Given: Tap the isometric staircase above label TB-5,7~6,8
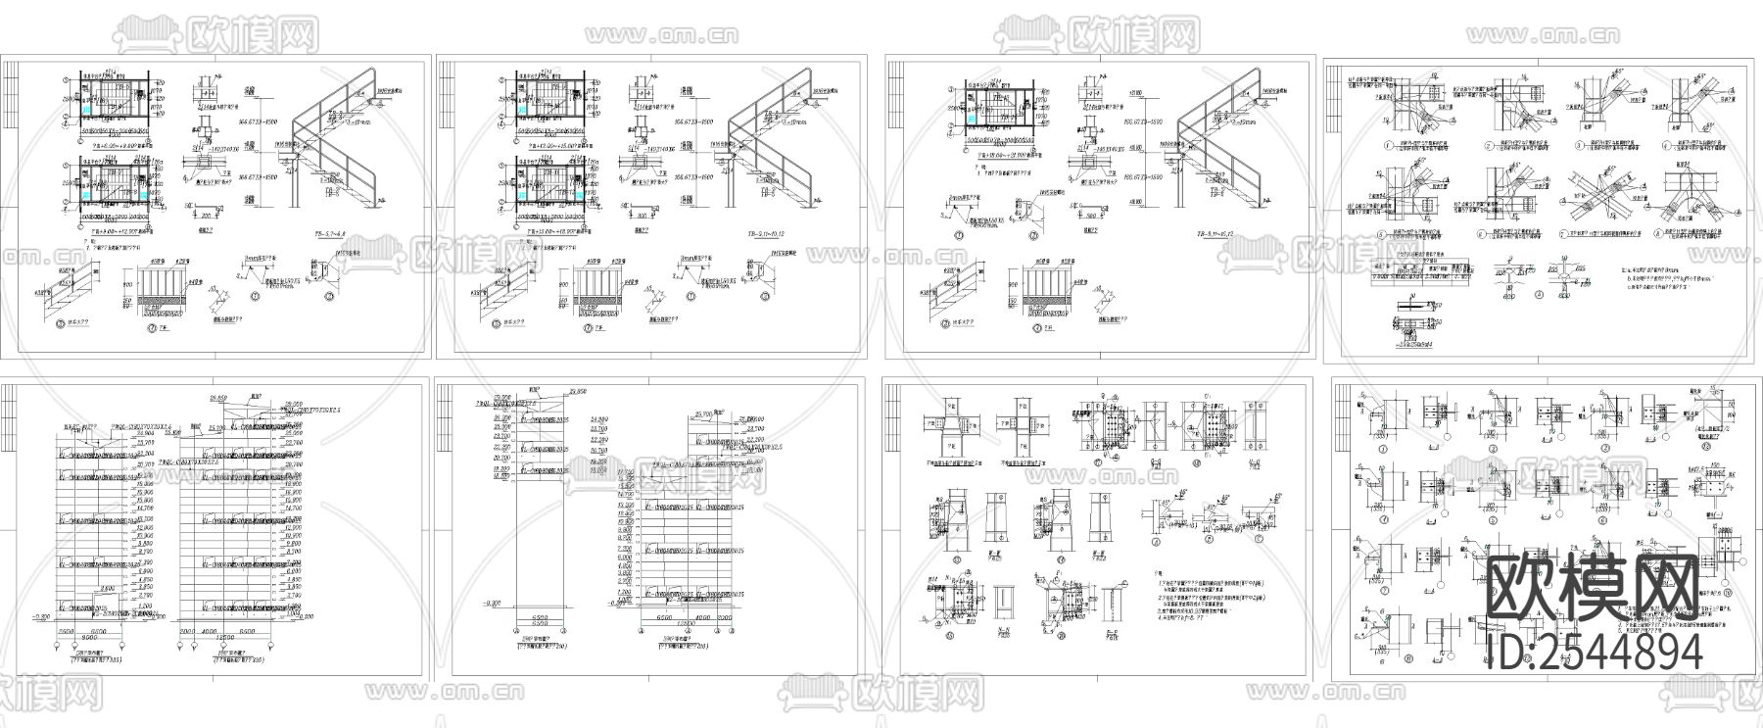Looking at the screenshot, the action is click(x=338, y=147).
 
